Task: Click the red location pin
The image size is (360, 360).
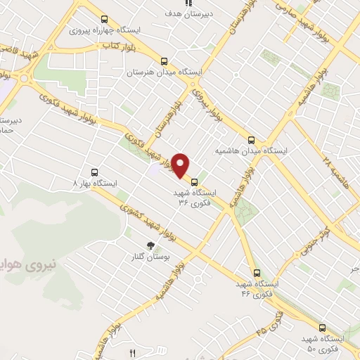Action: click(181, 165)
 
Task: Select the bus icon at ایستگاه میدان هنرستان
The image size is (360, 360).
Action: click(164, 61)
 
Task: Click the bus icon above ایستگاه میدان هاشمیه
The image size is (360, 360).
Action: click(252, 139)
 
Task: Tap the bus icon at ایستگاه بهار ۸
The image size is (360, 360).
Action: click(95, 172)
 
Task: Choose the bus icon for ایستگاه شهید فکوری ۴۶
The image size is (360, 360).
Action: click(256, 273)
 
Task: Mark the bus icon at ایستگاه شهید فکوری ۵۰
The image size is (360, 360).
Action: click(322, 328)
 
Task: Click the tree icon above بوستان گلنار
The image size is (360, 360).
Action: click(150, 245)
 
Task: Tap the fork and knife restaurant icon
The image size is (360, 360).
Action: click(132, 352)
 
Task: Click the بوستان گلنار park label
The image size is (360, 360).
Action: click(156, 258)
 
